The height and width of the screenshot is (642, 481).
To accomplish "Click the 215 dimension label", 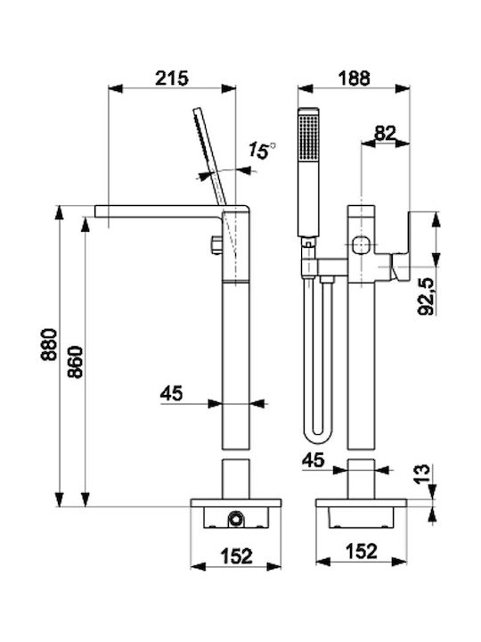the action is pyautogui.click(x=172, y=78).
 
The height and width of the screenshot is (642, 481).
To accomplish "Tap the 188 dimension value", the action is pyautogui.click(x=355, y=78).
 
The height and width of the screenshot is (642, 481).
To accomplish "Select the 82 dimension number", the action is pyautogui.click(x=386, y=133).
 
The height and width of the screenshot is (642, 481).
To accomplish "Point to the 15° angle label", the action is pyautogui.click(x=263, y=151).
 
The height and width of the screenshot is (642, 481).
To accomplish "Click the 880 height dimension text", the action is pyautogui.click(x=49, y=344).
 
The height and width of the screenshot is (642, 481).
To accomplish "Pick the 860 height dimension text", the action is pyautogui.click(x=75, y=362).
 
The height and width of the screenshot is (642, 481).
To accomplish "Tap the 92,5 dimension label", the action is pyautogui.click(x=426, y=296).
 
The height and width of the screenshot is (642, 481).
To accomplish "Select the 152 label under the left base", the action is pyautogui.click(x=237, y=556).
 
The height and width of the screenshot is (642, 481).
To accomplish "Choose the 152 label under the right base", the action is pyautogui.click(x=361, y=551).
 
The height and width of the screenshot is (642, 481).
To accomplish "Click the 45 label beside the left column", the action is pyautogui.click(x=171, y=394).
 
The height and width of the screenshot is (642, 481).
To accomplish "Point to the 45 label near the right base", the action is pyautogui.click(x=313, y=460).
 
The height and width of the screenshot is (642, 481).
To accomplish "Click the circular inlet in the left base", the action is pyautogui.click(x=235, y=519).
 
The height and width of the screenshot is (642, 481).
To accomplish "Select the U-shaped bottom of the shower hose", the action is pyautogui.click(x=318, y=434).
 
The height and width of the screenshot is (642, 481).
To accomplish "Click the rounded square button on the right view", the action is pyautogui.click(x=361, y=245).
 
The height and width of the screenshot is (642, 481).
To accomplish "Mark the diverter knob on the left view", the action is pyautogui.click(x=216, y=245).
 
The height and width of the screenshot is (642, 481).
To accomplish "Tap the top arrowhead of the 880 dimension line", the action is pyautogui.click(x=60, y=212).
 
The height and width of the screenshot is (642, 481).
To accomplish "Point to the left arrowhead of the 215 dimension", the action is pyautogui.click(x=115, y=88).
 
